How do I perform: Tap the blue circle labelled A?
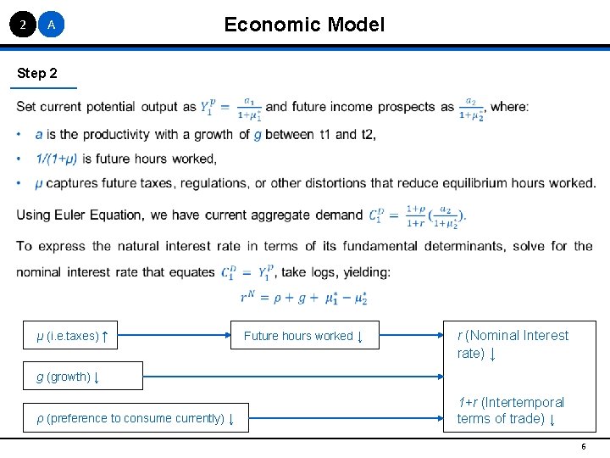click(x=52, y=25)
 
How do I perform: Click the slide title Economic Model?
click(x=304, y=25)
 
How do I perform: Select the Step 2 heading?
click(x=38, y=74)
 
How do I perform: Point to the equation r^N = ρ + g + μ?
click(x=303, y=298)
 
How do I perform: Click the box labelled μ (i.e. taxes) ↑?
click(x=73, y=336)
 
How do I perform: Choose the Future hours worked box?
click(x=303, y=336)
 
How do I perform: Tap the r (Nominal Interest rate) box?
click(x=513, y=343)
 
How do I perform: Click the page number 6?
click(x=583, y=446)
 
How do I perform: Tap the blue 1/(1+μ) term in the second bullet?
click(x=57, y=159)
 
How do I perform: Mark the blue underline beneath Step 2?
click(x=47, y=87)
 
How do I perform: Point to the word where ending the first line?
click(x=509, y=107)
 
